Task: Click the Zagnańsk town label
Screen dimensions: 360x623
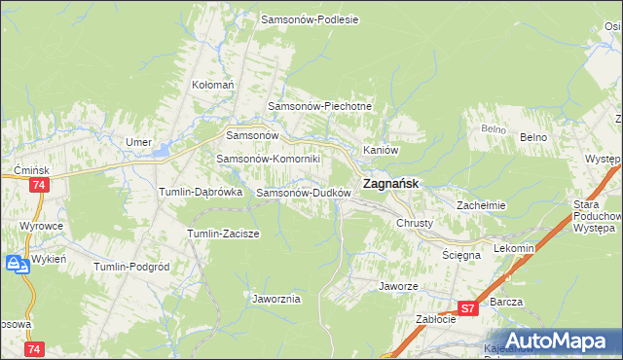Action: [391, 182]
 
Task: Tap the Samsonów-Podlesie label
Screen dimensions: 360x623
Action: [311, 18]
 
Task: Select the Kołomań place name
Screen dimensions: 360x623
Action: [213, 85]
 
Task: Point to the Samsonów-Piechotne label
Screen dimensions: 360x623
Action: [321, 106]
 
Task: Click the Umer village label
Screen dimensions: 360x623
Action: [138, 142]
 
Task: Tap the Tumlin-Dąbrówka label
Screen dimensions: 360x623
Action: [201, 193]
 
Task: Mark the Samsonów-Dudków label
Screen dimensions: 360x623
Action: [303, 193]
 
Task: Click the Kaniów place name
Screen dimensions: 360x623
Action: [381, 150]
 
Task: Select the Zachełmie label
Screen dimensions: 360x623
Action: [481, 205]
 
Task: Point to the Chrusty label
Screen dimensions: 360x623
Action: [414, 223]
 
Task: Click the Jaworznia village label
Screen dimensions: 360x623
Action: [275, 299]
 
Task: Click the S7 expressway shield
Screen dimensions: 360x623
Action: [469, 308]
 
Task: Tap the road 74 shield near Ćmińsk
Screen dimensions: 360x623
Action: [39, 185]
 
